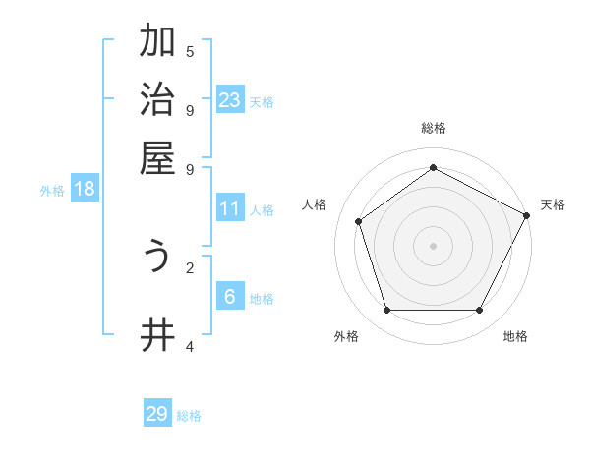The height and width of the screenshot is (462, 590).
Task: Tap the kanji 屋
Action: [157, 157]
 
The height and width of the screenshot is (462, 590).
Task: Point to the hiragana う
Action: [157, 258]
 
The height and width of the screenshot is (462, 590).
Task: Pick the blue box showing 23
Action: [230, 100]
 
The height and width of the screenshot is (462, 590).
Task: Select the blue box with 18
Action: [85, 189]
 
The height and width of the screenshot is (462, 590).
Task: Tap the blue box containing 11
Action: [230, 208]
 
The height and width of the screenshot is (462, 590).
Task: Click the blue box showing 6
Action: [230, 297]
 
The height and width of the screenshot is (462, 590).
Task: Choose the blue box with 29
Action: [157, 414]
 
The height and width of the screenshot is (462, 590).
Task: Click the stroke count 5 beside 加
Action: [190, 51]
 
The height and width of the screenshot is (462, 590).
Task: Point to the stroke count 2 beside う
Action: [190, 266]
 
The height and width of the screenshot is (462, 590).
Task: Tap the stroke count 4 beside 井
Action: [190, 346]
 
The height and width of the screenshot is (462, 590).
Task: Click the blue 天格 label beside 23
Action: [262, 102]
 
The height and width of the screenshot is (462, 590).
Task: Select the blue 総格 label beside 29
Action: [189, 416]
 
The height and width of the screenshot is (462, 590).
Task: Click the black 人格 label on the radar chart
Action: [315, 204]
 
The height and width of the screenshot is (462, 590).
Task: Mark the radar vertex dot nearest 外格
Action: [386, 311]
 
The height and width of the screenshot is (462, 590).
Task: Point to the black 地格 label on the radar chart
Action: [515, 336]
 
